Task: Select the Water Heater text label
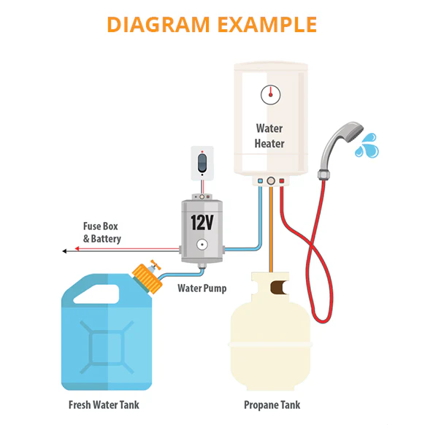[x=269, y=136]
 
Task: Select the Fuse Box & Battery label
[x=102, y=232]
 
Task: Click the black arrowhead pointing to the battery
[x=66, y=250]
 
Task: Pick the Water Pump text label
[x=202, y=288]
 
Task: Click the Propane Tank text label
[x=272, y=405]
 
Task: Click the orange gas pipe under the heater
[x=271, y=226]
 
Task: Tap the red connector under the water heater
[x=282, y=181]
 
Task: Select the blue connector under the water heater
[x=259, y=181]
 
